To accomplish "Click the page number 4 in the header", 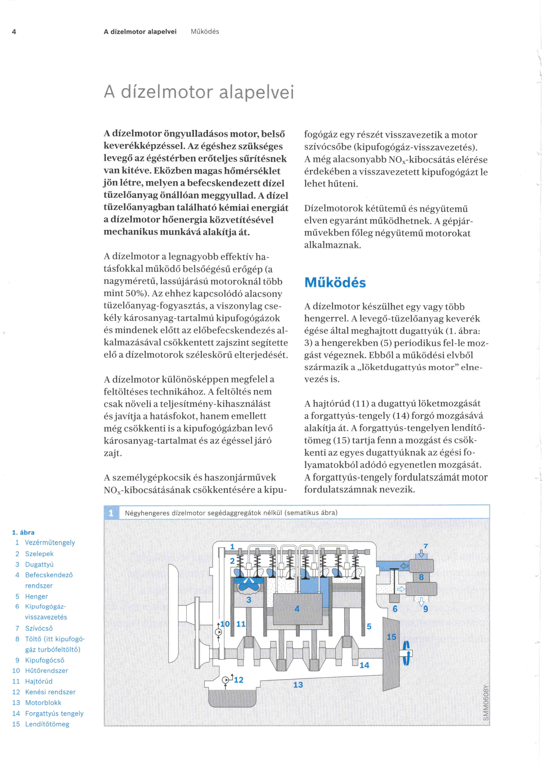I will click(14, 32).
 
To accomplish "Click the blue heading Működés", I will click(335, 282).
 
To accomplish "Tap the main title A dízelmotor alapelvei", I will click(199, 92).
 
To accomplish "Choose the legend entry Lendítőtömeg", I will click(47, 724).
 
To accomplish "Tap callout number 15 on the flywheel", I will click(391, 637).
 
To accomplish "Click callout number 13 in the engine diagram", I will click(298, 685).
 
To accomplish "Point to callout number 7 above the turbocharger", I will click(425, 546).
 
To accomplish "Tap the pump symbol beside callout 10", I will click(218, 632).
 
